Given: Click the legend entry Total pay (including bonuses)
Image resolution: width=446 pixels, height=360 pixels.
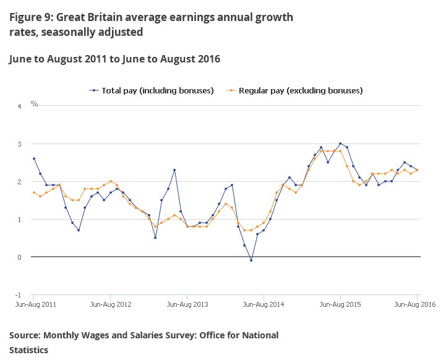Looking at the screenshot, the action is (152, 90).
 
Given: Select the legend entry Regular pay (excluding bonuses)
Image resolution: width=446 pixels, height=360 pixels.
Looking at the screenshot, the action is (294, 90).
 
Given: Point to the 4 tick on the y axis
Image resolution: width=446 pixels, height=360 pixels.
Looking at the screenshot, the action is (19, 106).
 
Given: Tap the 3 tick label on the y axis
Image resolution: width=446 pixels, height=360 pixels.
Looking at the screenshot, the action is (19, 144).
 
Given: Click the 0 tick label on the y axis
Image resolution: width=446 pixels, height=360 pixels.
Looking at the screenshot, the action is (19, 257).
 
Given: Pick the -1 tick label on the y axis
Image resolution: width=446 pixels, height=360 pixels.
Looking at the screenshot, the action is (18, 295).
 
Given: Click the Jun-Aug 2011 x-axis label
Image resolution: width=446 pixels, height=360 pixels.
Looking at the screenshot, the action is (35, 304).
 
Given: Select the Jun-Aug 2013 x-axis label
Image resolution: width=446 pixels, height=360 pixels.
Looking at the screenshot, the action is (187, 304).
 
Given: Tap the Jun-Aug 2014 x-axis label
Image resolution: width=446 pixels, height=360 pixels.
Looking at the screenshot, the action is (264, 304).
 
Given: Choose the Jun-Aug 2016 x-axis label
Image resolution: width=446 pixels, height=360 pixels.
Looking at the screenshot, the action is (415, 304).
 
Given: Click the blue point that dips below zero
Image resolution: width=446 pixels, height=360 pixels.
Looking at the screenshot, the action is (251, 260).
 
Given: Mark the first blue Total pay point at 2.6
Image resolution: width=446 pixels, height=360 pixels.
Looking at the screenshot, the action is (34, 159).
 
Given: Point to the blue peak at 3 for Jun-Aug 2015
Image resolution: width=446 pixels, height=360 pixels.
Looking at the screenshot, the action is (340, 144).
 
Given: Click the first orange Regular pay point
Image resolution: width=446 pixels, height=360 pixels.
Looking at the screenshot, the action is (34, 192).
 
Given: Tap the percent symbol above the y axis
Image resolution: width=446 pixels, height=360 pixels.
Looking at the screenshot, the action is (34, 104).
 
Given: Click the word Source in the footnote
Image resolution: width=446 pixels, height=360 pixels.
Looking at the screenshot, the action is (24, 335).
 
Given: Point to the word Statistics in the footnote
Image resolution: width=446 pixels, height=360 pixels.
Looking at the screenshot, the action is (28, 349).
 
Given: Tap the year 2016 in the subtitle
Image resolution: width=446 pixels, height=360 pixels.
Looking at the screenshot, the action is (210, 59).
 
